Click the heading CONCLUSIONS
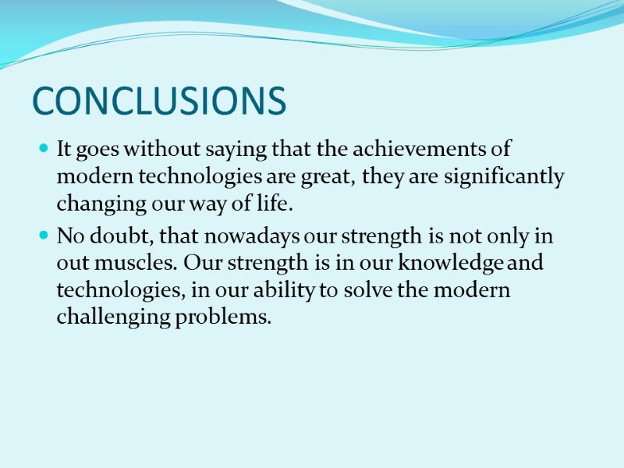pyautogui.click(x=160, y=101)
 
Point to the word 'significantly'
pyautogui.click(x=503, y=177)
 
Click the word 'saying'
pyautogui.click(x=229, y=150)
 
